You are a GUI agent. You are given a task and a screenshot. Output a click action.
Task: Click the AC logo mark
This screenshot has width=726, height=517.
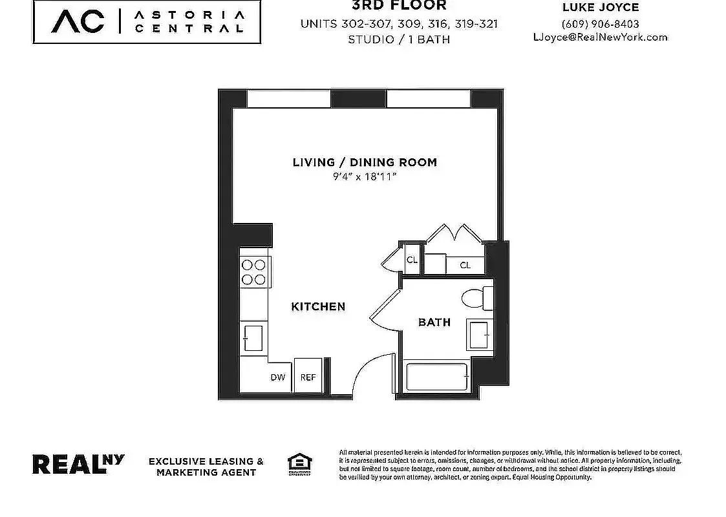click(78, 21)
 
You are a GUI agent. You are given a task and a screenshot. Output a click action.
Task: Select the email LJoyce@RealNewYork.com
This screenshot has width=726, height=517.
click(599, 37)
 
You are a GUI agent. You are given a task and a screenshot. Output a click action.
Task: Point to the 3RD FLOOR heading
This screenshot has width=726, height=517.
click(399, 6)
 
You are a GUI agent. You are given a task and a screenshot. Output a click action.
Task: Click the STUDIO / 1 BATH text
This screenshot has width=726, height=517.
click(399, 39)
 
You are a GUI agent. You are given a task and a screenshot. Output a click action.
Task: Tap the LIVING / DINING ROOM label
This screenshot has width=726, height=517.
click(365, 162)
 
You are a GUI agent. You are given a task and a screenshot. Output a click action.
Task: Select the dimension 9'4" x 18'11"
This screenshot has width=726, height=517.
click(365, 176)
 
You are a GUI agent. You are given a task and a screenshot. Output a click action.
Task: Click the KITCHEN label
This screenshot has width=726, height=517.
click(318, 306)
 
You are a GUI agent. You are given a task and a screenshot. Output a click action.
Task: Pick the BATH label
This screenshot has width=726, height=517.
click(434, 322)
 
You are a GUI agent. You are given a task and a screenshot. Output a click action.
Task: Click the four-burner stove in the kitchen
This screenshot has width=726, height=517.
click(254, 272)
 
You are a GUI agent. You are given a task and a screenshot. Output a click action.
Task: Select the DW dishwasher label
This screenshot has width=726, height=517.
click(278, 377)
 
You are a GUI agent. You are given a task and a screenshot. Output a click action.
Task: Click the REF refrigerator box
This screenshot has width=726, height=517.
click(308, 376)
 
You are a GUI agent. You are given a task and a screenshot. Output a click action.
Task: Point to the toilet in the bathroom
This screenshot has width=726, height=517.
click(477, 299)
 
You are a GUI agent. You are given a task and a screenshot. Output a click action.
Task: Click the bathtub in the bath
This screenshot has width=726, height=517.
click(436, 377)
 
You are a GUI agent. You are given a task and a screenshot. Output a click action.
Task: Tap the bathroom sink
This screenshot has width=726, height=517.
click(479, 336)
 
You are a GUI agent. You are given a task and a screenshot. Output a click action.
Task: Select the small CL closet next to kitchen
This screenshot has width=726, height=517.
click(411, 260)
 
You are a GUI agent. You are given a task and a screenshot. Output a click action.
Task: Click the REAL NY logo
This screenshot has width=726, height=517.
click(78, 464)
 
